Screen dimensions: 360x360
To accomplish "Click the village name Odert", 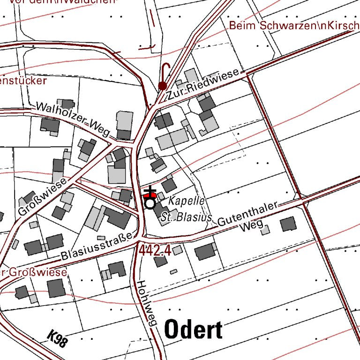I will coord(193,330).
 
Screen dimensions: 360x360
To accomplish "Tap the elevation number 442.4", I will coord(154,251).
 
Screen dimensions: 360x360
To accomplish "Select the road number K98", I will coord(57,339).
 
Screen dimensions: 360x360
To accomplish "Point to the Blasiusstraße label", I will coord(97,246).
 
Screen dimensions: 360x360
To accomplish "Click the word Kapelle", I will coord(187,200).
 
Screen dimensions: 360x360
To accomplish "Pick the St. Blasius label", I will coord(186,217).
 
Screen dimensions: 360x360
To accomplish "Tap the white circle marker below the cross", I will coord(150,204).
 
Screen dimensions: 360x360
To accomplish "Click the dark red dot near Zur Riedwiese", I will coord(162,85).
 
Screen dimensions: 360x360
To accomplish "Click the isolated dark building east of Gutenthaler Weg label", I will coord(288,224).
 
